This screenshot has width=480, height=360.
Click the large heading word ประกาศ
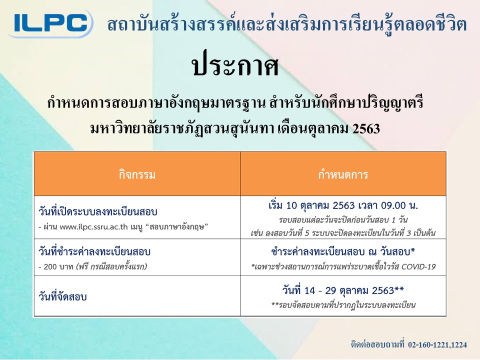coord(235,66)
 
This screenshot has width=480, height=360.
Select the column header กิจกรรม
coord(137,174)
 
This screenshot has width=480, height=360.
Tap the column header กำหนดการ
coord(343,174)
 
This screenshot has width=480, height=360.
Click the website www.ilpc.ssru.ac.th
coord(93,227)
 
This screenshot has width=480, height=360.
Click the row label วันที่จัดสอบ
coord(63,296)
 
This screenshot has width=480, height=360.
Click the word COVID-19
coord(418,266)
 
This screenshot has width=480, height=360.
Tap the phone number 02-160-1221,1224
coord(437,345)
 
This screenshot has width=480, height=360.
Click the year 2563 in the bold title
coord(366,128)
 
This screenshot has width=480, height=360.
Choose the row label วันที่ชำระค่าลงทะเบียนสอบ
coord(94,251)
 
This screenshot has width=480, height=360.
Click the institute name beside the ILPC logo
coord(287,24)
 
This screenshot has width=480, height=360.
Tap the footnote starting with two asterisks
coord(343,305)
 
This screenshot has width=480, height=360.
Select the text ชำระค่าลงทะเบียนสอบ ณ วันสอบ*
coord(343,251)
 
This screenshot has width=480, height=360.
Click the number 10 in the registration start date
coord(291,205)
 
